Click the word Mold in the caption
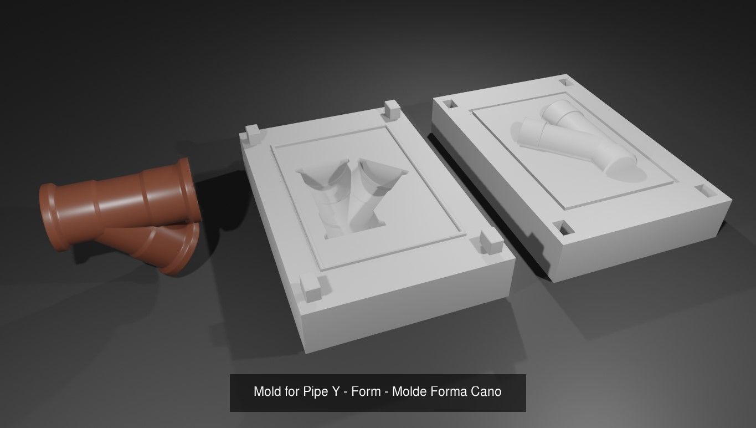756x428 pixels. tap(267, 392)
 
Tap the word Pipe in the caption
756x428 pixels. tap(315, 392)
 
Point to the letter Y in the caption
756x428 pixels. tap(335, 392)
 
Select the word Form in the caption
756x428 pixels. tap(366, 392)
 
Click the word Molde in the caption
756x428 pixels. tap(409, 392)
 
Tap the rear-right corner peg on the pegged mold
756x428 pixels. tap(391, 109)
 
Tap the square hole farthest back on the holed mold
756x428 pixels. tap(564, 82)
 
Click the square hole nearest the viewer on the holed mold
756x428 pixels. tap(565, 228)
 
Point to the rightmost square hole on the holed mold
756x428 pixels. tap(706, 191)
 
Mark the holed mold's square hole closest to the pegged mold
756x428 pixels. tap(451, 104)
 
